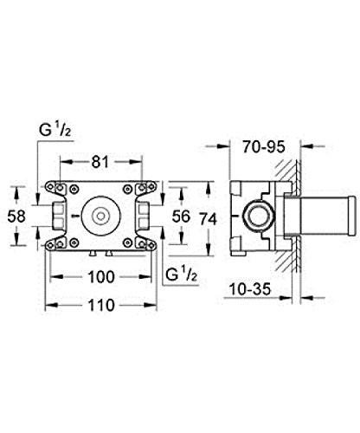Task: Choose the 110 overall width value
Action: [x=101, y=305]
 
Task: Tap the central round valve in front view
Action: [x=101, y=213]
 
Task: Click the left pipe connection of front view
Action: [x=57, y=213]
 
